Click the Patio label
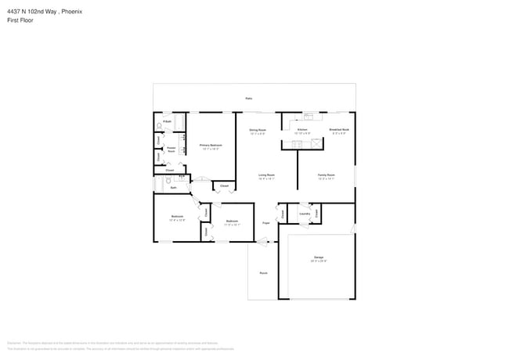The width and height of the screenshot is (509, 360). coord(249,99)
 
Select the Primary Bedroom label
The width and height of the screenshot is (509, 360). coord(211,146)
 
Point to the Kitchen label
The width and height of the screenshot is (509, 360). coord(301,130)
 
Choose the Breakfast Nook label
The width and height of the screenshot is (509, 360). coord(339,130)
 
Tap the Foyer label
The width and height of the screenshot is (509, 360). coord(266,222)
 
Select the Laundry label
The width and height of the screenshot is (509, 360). coord(305,213)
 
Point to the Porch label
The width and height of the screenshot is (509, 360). coord(263,273)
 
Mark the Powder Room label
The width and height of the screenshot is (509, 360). coord(171,149)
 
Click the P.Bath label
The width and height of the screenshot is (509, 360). coord(168,121)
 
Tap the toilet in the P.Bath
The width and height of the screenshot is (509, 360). coord(160,125)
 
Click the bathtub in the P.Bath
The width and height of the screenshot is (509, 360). coord(179,123)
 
